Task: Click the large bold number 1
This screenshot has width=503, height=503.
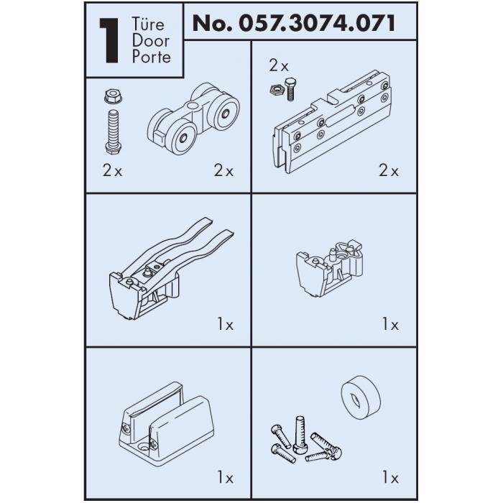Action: click(109, 40)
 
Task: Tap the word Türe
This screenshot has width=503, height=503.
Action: click(148, 24)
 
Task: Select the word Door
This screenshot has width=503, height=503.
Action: click(150, 41)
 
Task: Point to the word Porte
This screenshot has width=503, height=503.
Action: click(152, 57)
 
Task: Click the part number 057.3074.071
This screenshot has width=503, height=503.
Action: click(317, 23)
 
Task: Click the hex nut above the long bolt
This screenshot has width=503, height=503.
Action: click(114, 96)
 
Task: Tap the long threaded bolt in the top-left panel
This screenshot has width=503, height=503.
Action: click(114, 131)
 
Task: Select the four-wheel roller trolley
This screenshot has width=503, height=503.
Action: click(193, 119)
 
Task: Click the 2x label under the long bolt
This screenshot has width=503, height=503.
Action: click(113, 170)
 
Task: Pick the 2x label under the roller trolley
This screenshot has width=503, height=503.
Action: click(223, 170)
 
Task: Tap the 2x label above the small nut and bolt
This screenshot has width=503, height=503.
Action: click(279, 66)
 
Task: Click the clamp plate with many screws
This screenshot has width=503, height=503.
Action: click(332, 121)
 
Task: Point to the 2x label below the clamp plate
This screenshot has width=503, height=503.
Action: click(389, 170)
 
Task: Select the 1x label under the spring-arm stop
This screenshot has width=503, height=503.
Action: click(226, 324)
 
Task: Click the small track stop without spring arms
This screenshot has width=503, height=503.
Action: click(329, 268)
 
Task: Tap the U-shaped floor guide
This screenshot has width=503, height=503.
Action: click(167, 423)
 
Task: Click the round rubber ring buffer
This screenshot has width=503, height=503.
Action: click(361, 397)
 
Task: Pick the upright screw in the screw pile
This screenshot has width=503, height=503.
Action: click(300, 435)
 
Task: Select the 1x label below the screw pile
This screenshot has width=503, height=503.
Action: click(390, 478)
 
